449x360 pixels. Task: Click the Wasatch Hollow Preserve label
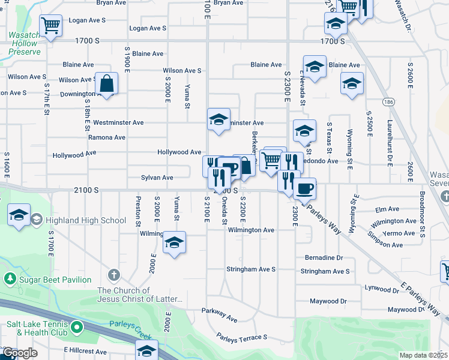(25, 43)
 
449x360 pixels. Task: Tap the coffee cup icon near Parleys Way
(304, 188)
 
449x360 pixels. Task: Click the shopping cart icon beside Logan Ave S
(52, 25)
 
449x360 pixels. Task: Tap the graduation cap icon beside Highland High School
(19, 215)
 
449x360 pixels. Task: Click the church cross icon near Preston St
(113, 275)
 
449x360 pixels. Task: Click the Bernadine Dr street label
(324, 257)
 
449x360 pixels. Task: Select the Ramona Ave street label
(107, 137)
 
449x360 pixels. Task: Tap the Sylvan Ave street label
(157, 178)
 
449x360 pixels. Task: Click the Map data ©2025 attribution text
(423, 355)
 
